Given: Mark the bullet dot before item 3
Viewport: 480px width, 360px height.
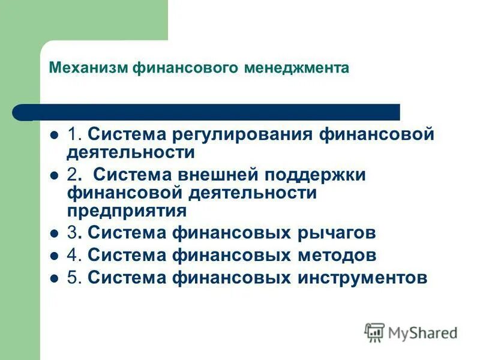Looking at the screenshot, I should click(x=54, y=233).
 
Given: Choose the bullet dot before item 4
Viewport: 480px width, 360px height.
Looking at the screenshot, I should click(x=54, y=256).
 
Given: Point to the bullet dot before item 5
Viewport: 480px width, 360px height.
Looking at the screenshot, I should click(x=54, y=278).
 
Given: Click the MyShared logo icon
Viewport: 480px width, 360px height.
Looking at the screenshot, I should click(x=374, y=332).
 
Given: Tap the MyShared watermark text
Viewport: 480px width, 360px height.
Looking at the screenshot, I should click(x=422, y=333).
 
